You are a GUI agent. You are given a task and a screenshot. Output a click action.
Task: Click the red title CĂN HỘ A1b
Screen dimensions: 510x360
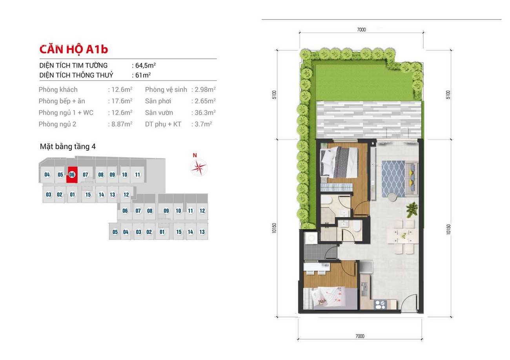(73, 49)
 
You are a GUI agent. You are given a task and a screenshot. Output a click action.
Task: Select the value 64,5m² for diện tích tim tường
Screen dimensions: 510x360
(146, 66)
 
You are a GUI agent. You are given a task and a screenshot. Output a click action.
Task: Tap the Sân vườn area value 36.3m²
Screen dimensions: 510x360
(205, 113)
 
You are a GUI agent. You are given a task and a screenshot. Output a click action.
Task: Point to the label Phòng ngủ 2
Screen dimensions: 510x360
(57, 124)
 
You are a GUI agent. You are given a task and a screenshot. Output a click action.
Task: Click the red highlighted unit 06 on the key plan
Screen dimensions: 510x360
(72, 175)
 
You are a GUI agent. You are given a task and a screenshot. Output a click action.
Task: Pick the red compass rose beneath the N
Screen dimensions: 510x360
(199, 168)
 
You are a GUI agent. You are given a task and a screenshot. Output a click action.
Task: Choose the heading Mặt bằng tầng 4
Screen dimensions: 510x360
(67, 146)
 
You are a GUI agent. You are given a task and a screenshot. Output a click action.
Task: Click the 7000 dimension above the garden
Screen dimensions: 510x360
(361, 29)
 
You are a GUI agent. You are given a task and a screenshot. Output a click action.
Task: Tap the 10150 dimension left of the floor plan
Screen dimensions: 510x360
(274, 228)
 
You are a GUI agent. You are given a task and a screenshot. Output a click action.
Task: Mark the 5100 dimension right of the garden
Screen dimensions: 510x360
(448, 95)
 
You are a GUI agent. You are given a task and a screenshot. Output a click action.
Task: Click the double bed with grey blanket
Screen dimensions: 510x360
(339, 162)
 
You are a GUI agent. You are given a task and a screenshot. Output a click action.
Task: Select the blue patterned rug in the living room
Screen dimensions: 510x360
(393, 179)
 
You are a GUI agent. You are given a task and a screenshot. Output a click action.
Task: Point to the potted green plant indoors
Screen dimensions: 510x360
(412, 209)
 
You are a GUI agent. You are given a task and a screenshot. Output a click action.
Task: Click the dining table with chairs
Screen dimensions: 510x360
(403, 236)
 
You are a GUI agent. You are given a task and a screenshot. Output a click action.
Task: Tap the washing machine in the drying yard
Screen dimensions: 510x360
(311, 238)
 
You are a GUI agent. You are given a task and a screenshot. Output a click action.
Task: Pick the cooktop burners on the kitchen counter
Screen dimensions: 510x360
(381, 304)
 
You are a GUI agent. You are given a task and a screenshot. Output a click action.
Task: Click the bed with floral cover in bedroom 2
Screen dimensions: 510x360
(331, 298)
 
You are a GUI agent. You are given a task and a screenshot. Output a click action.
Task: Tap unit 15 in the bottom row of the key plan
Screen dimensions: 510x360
(179, 232)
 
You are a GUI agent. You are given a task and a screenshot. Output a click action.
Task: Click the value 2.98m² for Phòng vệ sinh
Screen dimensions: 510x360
(205, 90)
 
